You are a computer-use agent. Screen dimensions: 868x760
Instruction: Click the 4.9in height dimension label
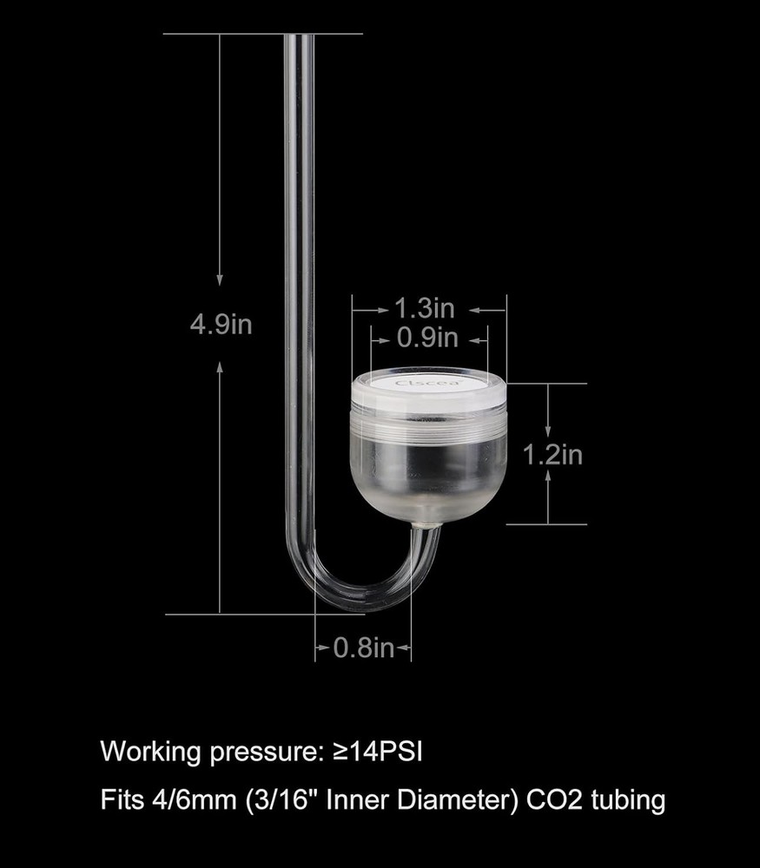(221, 325)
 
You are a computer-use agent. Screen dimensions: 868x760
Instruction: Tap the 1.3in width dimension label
(425, 308)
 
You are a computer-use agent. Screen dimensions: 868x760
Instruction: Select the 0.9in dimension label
(426, 338)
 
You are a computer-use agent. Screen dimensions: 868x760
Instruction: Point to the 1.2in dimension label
(552, 454)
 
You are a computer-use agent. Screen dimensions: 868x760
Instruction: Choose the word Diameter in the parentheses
(452, 799)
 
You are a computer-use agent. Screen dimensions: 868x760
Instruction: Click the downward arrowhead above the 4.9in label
(221, 279)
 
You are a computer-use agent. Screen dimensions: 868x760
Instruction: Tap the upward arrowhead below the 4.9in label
(221, 369)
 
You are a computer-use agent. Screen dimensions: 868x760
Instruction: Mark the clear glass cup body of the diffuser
(428, 469)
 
